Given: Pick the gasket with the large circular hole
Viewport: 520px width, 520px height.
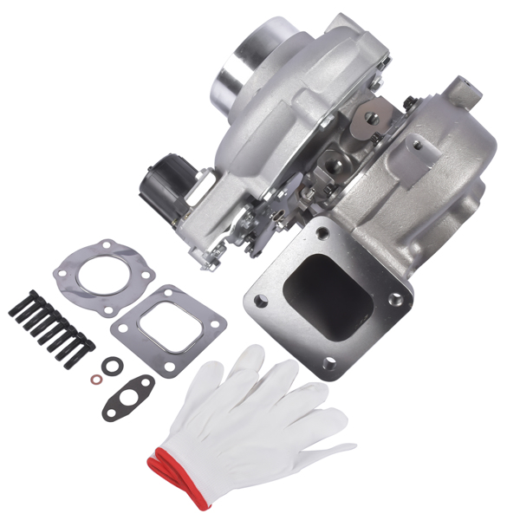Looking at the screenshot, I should pyautogui.click(x=102, y=275).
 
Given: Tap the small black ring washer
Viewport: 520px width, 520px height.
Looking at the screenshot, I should pyautogui.click(x=109, y=367).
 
